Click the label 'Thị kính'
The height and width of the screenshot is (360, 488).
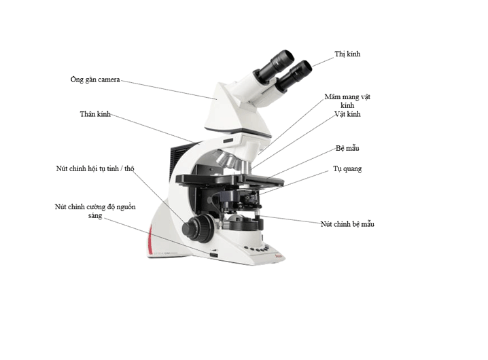[x=347, y=54]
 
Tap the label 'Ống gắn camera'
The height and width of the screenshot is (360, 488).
[x=95, y=79]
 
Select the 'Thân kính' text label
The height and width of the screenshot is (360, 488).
[x=94, y=114]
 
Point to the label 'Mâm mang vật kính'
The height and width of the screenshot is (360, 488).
[x=347, y=101]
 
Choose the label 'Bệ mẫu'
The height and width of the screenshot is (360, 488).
[x=347, y=147]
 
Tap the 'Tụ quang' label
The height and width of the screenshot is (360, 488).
[x=347, y=168]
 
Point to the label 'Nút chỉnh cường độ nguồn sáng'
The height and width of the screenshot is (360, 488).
[x=94, y=211]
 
